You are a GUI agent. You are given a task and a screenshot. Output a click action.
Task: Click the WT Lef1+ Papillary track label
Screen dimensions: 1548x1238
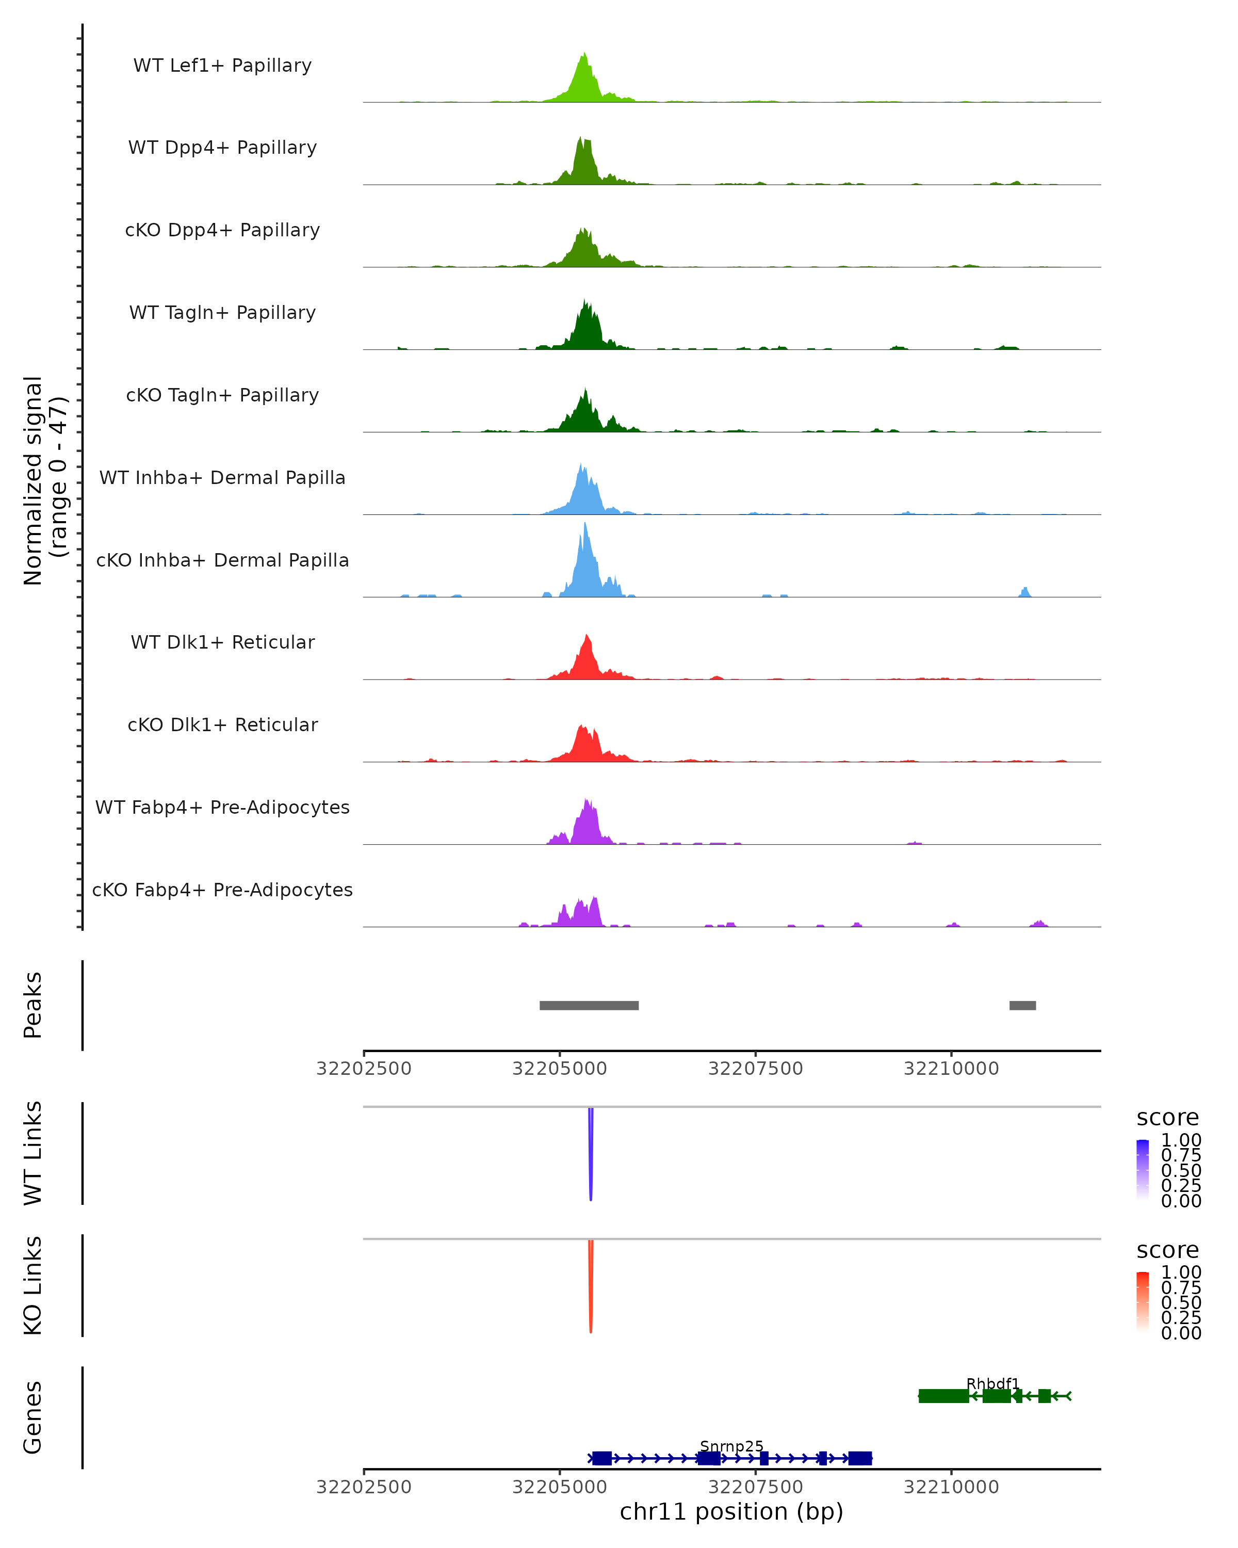tap(222, 66)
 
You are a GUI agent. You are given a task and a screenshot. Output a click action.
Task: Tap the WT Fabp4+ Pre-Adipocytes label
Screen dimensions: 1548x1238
tap(222, 807)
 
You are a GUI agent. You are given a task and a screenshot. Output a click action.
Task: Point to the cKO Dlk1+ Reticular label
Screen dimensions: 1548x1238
tap(222, 724)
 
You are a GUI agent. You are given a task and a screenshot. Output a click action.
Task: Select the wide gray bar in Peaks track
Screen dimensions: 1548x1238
tap(589, 1005)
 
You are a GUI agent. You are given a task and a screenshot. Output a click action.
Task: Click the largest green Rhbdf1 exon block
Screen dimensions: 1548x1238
tap(943, 1396)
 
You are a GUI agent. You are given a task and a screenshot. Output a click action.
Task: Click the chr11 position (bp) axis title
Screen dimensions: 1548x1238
tap(731, 1511)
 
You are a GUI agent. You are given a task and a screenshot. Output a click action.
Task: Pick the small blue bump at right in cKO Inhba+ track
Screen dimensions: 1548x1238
tap(1025, 592)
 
